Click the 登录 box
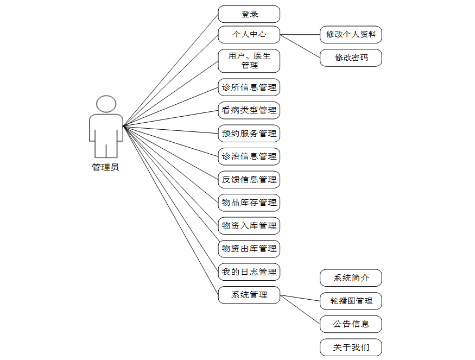point(249,14)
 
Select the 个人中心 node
point(249,34)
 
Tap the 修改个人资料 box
point(351,35)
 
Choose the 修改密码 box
point(351,58)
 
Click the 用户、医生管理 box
point(249,61)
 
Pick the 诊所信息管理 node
point(249,87)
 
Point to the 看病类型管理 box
point(249,110)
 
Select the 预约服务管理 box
point(249,133)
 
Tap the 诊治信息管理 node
point(249,156)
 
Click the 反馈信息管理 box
point(249,179)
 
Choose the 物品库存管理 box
point(249,203)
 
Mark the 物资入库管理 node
point(249,225)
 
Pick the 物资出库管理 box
point(249,249)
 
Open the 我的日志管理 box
point(249,271)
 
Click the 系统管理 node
point(249,295)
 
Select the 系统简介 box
point(351,278)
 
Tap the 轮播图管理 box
point(351,301)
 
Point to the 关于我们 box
point(351,348)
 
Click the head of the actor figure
point(106,104)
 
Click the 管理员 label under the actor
point(105,167)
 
